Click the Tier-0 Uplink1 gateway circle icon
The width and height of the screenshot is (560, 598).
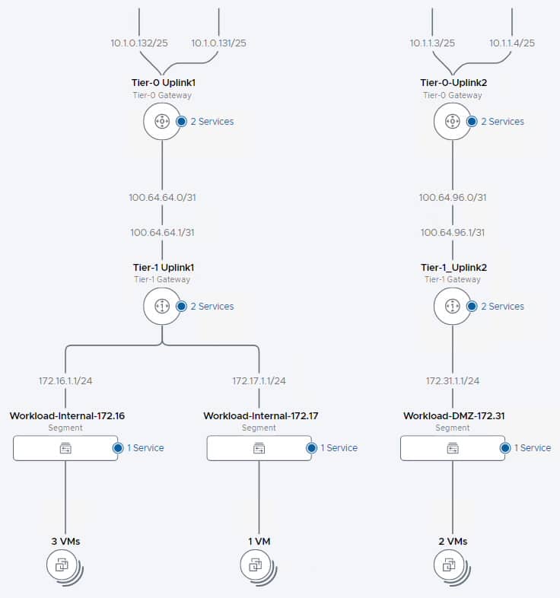(162, 121)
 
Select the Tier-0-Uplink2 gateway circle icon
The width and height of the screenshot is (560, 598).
(453, 121)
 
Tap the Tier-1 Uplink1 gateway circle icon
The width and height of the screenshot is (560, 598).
(162, 306)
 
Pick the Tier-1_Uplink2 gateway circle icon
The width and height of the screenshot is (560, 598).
(453, 306)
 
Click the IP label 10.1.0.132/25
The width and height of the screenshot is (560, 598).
(137, 43)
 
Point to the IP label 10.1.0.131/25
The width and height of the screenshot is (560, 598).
(218, 43)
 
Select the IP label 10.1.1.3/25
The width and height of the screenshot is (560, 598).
(432, 43)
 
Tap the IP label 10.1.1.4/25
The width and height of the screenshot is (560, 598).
(512, 43)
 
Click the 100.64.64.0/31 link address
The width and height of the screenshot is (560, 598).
(162, 197)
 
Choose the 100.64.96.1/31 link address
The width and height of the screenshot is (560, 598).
(453, 233)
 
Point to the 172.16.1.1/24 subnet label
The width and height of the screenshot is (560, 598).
(65, 380)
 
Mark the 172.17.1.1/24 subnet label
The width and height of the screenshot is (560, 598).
(259, 380)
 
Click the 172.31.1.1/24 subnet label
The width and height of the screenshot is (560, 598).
(453, 380)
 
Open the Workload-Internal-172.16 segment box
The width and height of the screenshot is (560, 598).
(65, 448)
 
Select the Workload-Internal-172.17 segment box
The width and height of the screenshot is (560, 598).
(259, 448)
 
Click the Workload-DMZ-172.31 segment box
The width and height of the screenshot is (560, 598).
(453, 448)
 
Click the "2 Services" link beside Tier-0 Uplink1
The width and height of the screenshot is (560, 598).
(211, 122)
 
